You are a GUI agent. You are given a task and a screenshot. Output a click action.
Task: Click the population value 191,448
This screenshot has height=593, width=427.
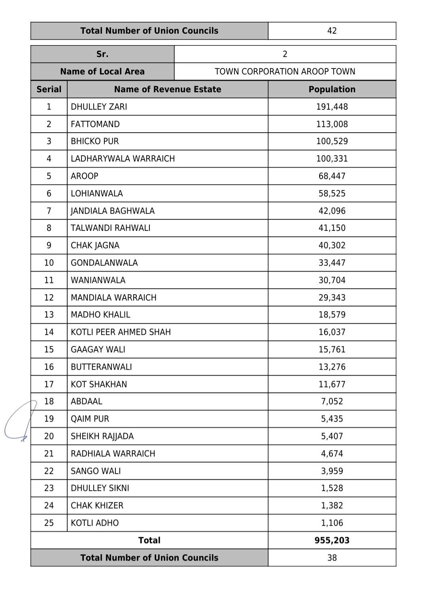[x=332, y=107]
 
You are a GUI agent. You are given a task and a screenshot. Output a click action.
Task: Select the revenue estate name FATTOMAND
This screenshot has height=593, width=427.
[x=95, y=124]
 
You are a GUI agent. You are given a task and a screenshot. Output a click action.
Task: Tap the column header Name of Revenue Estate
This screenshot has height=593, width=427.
[x=167, y=89]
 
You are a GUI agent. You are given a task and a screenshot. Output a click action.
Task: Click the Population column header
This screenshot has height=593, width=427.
[x=332, y=89]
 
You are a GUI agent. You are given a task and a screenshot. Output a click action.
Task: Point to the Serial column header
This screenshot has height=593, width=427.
[x=49, y=89]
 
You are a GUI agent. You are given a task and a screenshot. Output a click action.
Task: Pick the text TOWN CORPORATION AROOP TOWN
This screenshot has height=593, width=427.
[x=285, y=72]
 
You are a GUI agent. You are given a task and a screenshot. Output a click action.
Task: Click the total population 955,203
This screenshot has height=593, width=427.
[x=332, y=540]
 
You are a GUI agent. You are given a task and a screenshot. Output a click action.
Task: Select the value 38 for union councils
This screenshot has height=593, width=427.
[x=332, y=558]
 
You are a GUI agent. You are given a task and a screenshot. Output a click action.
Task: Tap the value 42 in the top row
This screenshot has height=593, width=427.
[x=332, y=31]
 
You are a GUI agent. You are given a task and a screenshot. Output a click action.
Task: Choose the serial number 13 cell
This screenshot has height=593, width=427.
[x=49, y=315]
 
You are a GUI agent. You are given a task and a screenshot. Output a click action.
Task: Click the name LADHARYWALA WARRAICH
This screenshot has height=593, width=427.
[x=123, y=159]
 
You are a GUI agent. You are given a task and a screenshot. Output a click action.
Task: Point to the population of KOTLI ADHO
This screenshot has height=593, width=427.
[x=332, y=523]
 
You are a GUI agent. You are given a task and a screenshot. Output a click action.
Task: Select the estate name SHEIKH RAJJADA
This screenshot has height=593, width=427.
[x=102, y=436]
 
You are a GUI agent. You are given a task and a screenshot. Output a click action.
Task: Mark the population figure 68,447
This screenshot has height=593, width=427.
[x=332, y=176]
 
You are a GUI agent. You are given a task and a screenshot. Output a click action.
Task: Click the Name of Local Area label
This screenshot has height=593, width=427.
[x=102, y=72]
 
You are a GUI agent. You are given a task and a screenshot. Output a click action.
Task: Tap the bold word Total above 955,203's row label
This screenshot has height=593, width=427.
[x=149, y=540]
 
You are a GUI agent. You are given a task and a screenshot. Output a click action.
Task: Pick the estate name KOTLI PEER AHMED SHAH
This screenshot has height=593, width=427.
[x=121, y=332]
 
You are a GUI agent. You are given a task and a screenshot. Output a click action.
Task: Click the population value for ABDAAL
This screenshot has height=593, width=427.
[x=332, y=401]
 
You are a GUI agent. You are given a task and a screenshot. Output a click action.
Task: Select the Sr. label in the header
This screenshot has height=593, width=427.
[x=102, y=54]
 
